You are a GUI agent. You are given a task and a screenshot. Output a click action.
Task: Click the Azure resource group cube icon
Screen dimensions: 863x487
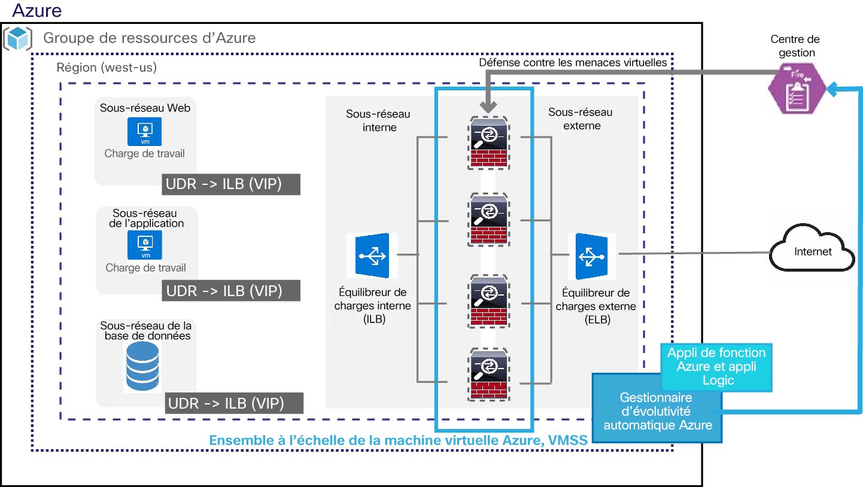coord(17,38)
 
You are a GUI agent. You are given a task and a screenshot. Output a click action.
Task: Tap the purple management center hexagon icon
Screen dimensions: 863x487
coord(797,89)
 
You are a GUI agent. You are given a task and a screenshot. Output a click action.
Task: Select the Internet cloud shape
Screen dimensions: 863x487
coord(812,247)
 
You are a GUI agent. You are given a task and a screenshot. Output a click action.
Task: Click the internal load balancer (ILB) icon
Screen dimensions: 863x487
coord(372,255)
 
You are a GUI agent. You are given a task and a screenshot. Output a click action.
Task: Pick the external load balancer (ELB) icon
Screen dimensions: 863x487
coord(591,256)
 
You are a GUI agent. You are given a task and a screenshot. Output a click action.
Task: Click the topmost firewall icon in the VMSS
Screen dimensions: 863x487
coord(488,143)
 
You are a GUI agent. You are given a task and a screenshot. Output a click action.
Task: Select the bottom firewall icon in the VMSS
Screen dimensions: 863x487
coord(488,375)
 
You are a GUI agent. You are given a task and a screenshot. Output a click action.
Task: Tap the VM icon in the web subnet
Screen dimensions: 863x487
coord(144,132)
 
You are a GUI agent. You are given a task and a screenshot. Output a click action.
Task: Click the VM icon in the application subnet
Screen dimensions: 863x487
coord(145,245)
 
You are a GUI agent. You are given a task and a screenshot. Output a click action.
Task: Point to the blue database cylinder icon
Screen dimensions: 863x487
coord(142,366)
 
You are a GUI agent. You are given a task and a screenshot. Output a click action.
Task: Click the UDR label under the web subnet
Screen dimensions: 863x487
coord(231,184)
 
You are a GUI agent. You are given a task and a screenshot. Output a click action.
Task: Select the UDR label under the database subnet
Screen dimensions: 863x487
coord(234,403)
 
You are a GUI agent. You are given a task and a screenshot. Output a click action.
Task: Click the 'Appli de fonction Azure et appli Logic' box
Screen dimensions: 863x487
coord(716,367)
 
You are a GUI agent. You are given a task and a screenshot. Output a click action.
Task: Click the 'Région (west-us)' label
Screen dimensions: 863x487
coord(107,68)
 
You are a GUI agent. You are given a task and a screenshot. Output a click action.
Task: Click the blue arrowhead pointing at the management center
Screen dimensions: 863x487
coord(832,89)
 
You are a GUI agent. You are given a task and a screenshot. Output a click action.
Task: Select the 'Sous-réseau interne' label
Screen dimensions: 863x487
coord(378,121)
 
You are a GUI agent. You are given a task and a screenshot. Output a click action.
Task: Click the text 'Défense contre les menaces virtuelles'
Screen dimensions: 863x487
coord(573,63)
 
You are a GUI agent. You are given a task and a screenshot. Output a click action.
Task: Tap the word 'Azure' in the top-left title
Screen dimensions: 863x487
coord(37,10)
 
